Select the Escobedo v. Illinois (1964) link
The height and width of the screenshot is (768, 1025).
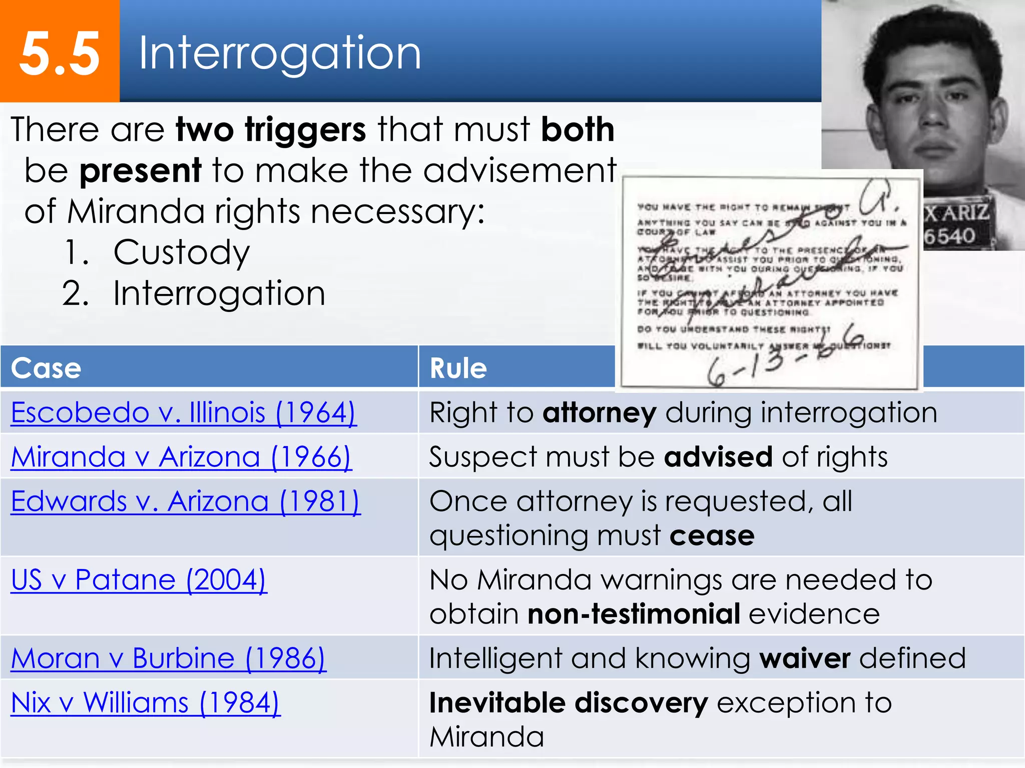tap(184, 413)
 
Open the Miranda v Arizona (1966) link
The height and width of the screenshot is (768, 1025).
tap(181, 457)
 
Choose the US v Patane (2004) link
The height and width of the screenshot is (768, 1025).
tap(139, 580)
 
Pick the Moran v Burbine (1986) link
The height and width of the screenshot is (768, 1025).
tap(168, 658)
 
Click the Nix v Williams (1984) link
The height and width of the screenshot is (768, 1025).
tap(145, 702)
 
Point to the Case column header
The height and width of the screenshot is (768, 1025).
tap(46, 368)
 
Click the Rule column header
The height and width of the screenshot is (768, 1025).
tap(458, 368)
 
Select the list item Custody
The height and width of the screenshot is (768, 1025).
tap(181, 252)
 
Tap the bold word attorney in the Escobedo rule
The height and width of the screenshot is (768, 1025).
tap(599, 413)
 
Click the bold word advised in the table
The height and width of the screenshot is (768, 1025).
tap(718, 457)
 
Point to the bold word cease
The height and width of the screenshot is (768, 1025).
tap(712, 536)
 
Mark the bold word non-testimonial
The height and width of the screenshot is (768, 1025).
tap(634, 614)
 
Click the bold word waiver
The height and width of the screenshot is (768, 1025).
tap(805, 658)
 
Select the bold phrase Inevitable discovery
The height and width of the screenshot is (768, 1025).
tap(569, 702)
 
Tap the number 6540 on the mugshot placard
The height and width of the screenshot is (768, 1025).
tap(949, 236)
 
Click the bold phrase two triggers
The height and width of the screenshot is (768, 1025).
tap(271, 129)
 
